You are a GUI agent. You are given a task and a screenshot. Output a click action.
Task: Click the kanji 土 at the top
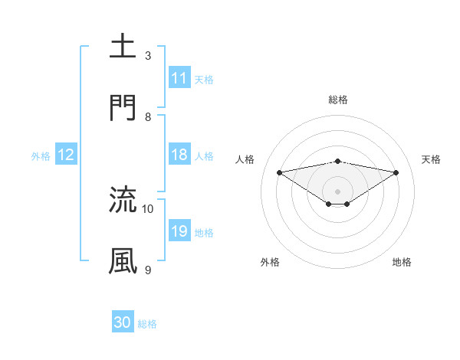point(123,46)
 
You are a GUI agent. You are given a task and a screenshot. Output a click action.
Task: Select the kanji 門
point(123,107)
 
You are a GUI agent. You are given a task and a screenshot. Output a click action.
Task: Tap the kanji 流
point(123,200)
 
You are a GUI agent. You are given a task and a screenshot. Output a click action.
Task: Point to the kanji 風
point(123,261)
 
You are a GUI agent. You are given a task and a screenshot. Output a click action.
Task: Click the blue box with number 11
point(179,78)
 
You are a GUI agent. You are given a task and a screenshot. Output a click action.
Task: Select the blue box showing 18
point(179,155)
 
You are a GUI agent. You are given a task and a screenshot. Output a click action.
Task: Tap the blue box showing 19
point(179,231)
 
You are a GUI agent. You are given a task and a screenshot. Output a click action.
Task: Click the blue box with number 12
point(66,155)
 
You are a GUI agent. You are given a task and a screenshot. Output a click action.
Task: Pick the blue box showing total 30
point(123,322)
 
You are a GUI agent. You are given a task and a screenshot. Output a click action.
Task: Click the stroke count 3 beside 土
point(148,56)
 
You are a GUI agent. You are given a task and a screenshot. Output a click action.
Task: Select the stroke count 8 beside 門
point(148,117)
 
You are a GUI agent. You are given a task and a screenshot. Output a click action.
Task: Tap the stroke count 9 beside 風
point(148,270)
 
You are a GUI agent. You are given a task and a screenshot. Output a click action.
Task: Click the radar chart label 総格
point(337,100)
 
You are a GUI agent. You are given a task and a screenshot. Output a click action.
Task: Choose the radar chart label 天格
point(431,159)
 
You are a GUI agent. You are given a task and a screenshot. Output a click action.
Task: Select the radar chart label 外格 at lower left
point(270,262)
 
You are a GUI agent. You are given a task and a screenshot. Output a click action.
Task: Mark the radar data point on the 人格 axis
point(279,172)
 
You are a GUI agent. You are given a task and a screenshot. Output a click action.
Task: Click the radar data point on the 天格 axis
point(396,172)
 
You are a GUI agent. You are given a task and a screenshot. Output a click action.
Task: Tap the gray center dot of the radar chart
point(337,191)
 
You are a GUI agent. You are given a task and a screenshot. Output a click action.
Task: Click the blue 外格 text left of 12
point(41,155)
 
